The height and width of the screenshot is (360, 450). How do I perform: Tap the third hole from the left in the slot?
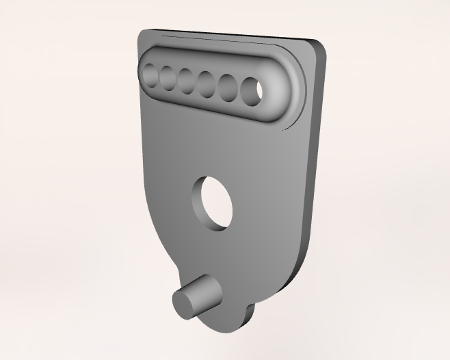187,80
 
